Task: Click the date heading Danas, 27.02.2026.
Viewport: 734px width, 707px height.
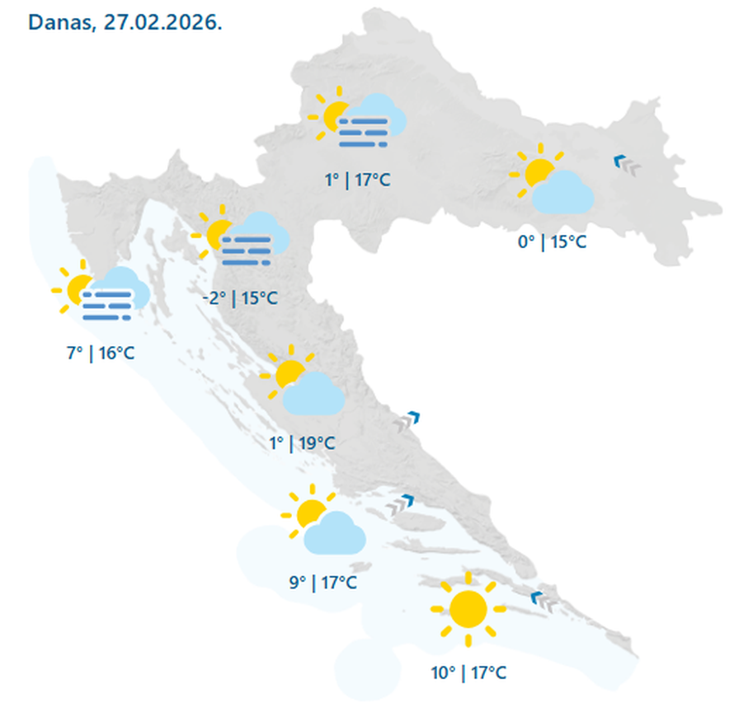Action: click(125, 21)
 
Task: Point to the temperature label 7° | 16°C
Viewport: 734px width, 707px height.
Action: click(101, 353)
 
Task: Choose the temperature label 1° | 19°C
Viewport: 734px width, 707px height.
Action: click(302, 442)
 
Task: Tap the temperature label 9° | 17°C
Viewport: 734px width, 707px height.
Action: click(322, 583)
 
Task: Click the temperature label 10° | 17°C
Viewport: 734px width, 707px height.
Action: click(468, 673)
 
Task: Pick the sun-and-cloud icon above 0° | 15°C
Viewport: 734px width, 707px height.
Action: click(553, 183)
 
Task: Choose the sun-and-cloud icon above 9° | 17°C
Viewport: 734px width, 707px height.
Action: click(323, 524)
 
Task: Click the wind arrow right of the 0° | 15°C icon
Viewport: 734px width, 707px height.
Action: click(628, 165)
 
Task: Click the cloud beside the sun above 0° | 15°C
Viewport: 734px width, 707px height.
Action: click(563, 193)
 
